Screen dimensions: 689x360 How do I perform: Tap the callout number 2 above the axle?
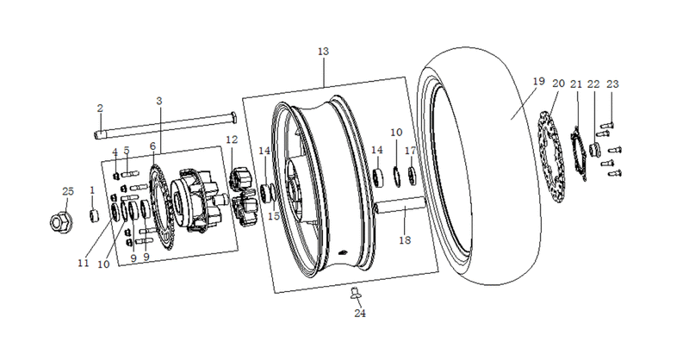click(100, 109)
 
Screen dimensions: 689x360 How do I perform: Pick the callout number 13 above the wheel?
click(323, 52)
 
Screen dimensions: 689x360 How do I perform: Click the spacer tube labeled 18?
click(400, 206)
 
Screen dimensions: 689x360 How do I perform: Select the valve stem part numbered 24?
click(355, 293)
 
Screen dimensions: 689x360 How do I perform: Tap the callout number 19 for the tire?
click(539, 81)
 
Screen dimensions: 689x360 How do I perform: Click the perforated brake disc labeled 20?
click(551, 156)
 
